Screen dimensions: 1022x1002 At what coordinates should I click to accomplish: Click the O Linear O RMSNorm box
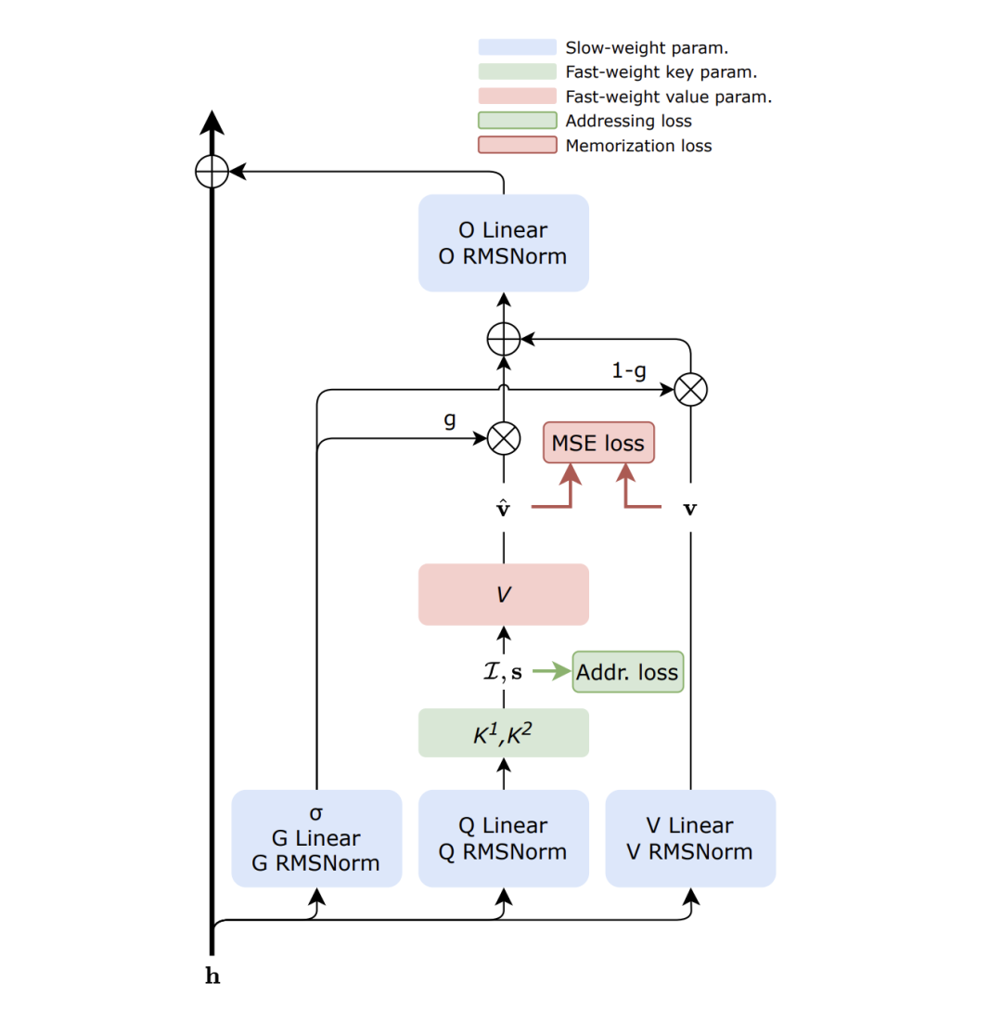(503, 243)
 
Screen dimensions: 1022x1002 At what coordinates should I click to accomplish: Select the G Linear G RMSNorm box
(316, 838)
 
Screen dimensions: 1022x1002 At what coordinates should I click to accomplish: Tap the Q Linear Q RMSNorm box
(503, 838)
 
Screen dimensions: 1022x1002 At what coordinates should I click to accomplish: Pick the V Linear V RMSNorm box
(690, 838)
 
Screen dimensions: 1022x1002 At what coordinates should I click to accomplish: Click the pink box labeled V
(503, 594)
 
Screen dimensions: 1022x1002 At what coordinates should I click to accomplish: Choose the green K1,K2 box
(503, 733)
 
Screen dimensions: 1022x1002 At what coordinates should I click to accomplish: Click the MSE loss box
(598, 443)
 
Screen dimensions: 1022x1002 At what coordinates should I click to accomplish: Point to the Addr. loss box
(627, 672)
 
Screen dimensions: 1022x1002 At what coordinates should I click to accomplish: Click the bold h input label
(212, 977)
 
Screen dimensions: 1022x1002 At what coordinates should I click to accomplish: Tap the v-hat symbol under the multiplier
(503, 508)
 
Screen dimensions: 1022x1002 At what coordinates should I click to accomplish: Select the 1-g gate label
(629, 371)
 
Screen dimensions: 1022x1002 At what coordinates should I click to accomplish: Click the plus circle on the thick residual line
(212, 171)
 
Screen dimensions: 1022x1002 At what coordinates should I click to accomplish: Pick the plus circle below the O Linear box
(503, 341)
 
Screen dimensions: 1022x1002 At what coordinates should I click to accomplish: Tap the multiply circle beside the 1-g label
(690, 390)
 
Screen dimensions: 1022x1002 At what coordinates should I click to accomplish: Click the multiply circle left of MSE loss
(503, 438)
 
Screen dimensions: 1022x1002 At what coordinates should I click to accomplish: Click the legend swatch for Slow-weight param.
(518, 47)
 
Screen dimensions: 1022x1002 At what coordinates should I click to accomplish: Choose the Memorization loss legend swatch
(518, 145)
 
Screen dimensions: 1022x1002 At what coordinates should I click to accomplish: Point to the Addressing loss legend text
(628, 121)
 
